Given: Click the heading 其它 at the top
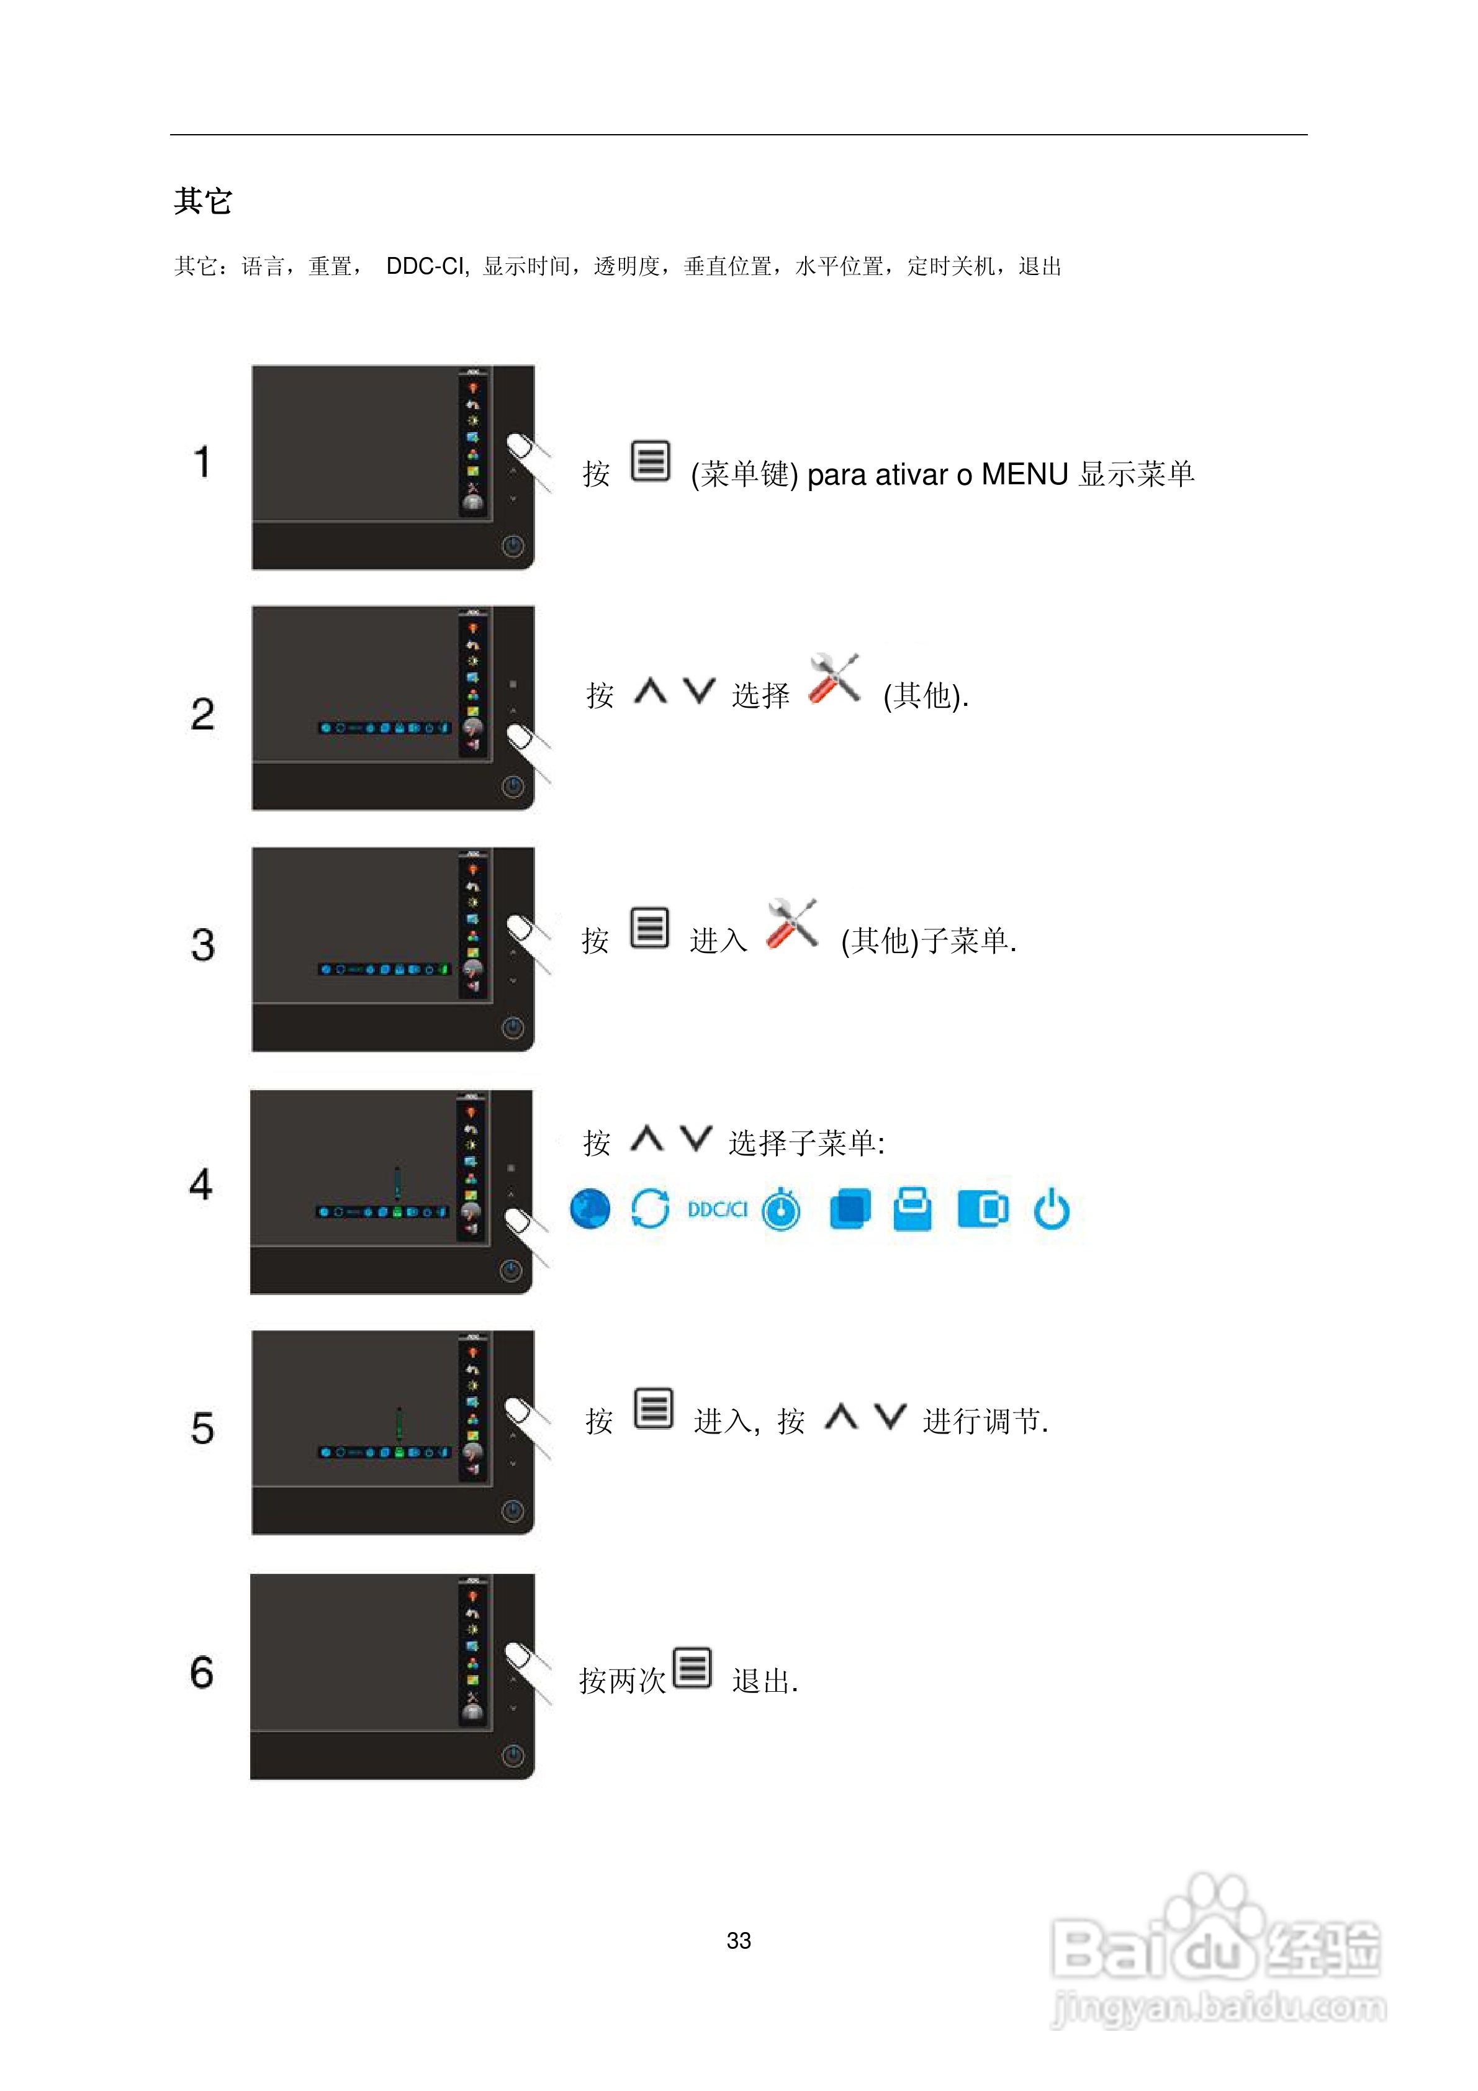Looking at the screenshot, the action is point(203,201).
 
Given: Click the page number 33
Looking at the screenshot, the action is point(739,1941).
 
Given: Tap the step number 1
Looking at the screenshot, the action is point(202,462).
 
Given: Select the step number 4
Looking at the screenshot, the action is point(201,1184).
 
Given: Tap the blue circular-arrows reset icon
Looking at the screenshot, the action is point(650,1209).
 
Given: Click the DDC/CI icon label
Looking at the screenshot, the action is point(717,1209).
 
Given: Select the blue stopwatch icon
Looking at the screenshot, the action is point(782,1209).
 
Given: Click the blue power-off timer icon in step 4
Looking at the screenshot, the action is point(1052,1209).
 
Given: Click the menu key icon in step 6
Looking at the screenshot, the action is point(692,1668).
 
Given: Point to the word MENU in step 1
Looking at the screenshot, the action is point(1024,474).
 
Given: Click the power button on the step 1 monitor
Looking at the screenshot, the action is point(513,546).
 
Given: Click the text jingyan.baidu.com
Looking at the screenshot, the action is point(1219,2008).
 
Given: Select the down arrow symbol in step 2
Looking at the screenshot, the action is point(700,691).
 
